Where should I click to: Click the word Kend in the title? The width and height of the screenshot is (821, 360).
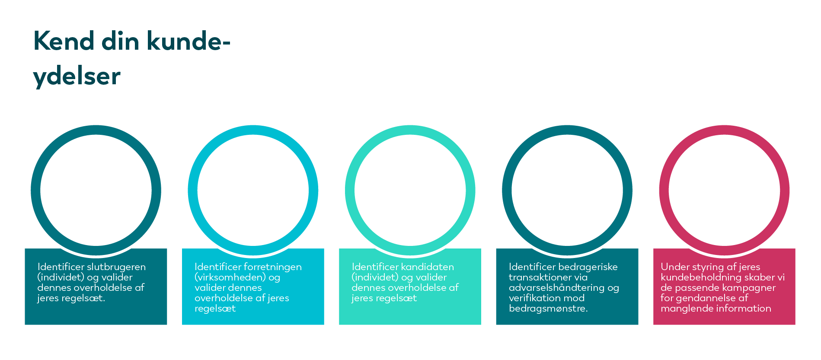point(64,41)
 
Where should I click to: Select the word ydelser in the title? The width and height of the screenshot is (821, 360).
point(77,77)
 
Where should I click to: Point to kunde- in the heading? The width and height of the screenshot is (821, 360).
point(188,41)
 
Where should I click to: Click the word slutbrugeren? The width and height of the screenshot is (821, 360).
point(116,267)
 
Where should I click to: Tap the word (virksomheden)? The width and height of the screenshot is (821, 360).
point(230,277)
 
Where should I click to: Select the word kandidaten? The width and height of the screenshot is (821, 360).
point(428,267)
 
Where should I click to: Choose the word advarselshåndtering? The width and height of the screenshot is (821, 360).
point(556,288)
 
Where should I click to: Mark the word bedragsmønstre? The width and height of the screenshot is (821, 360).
point(548,309)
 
